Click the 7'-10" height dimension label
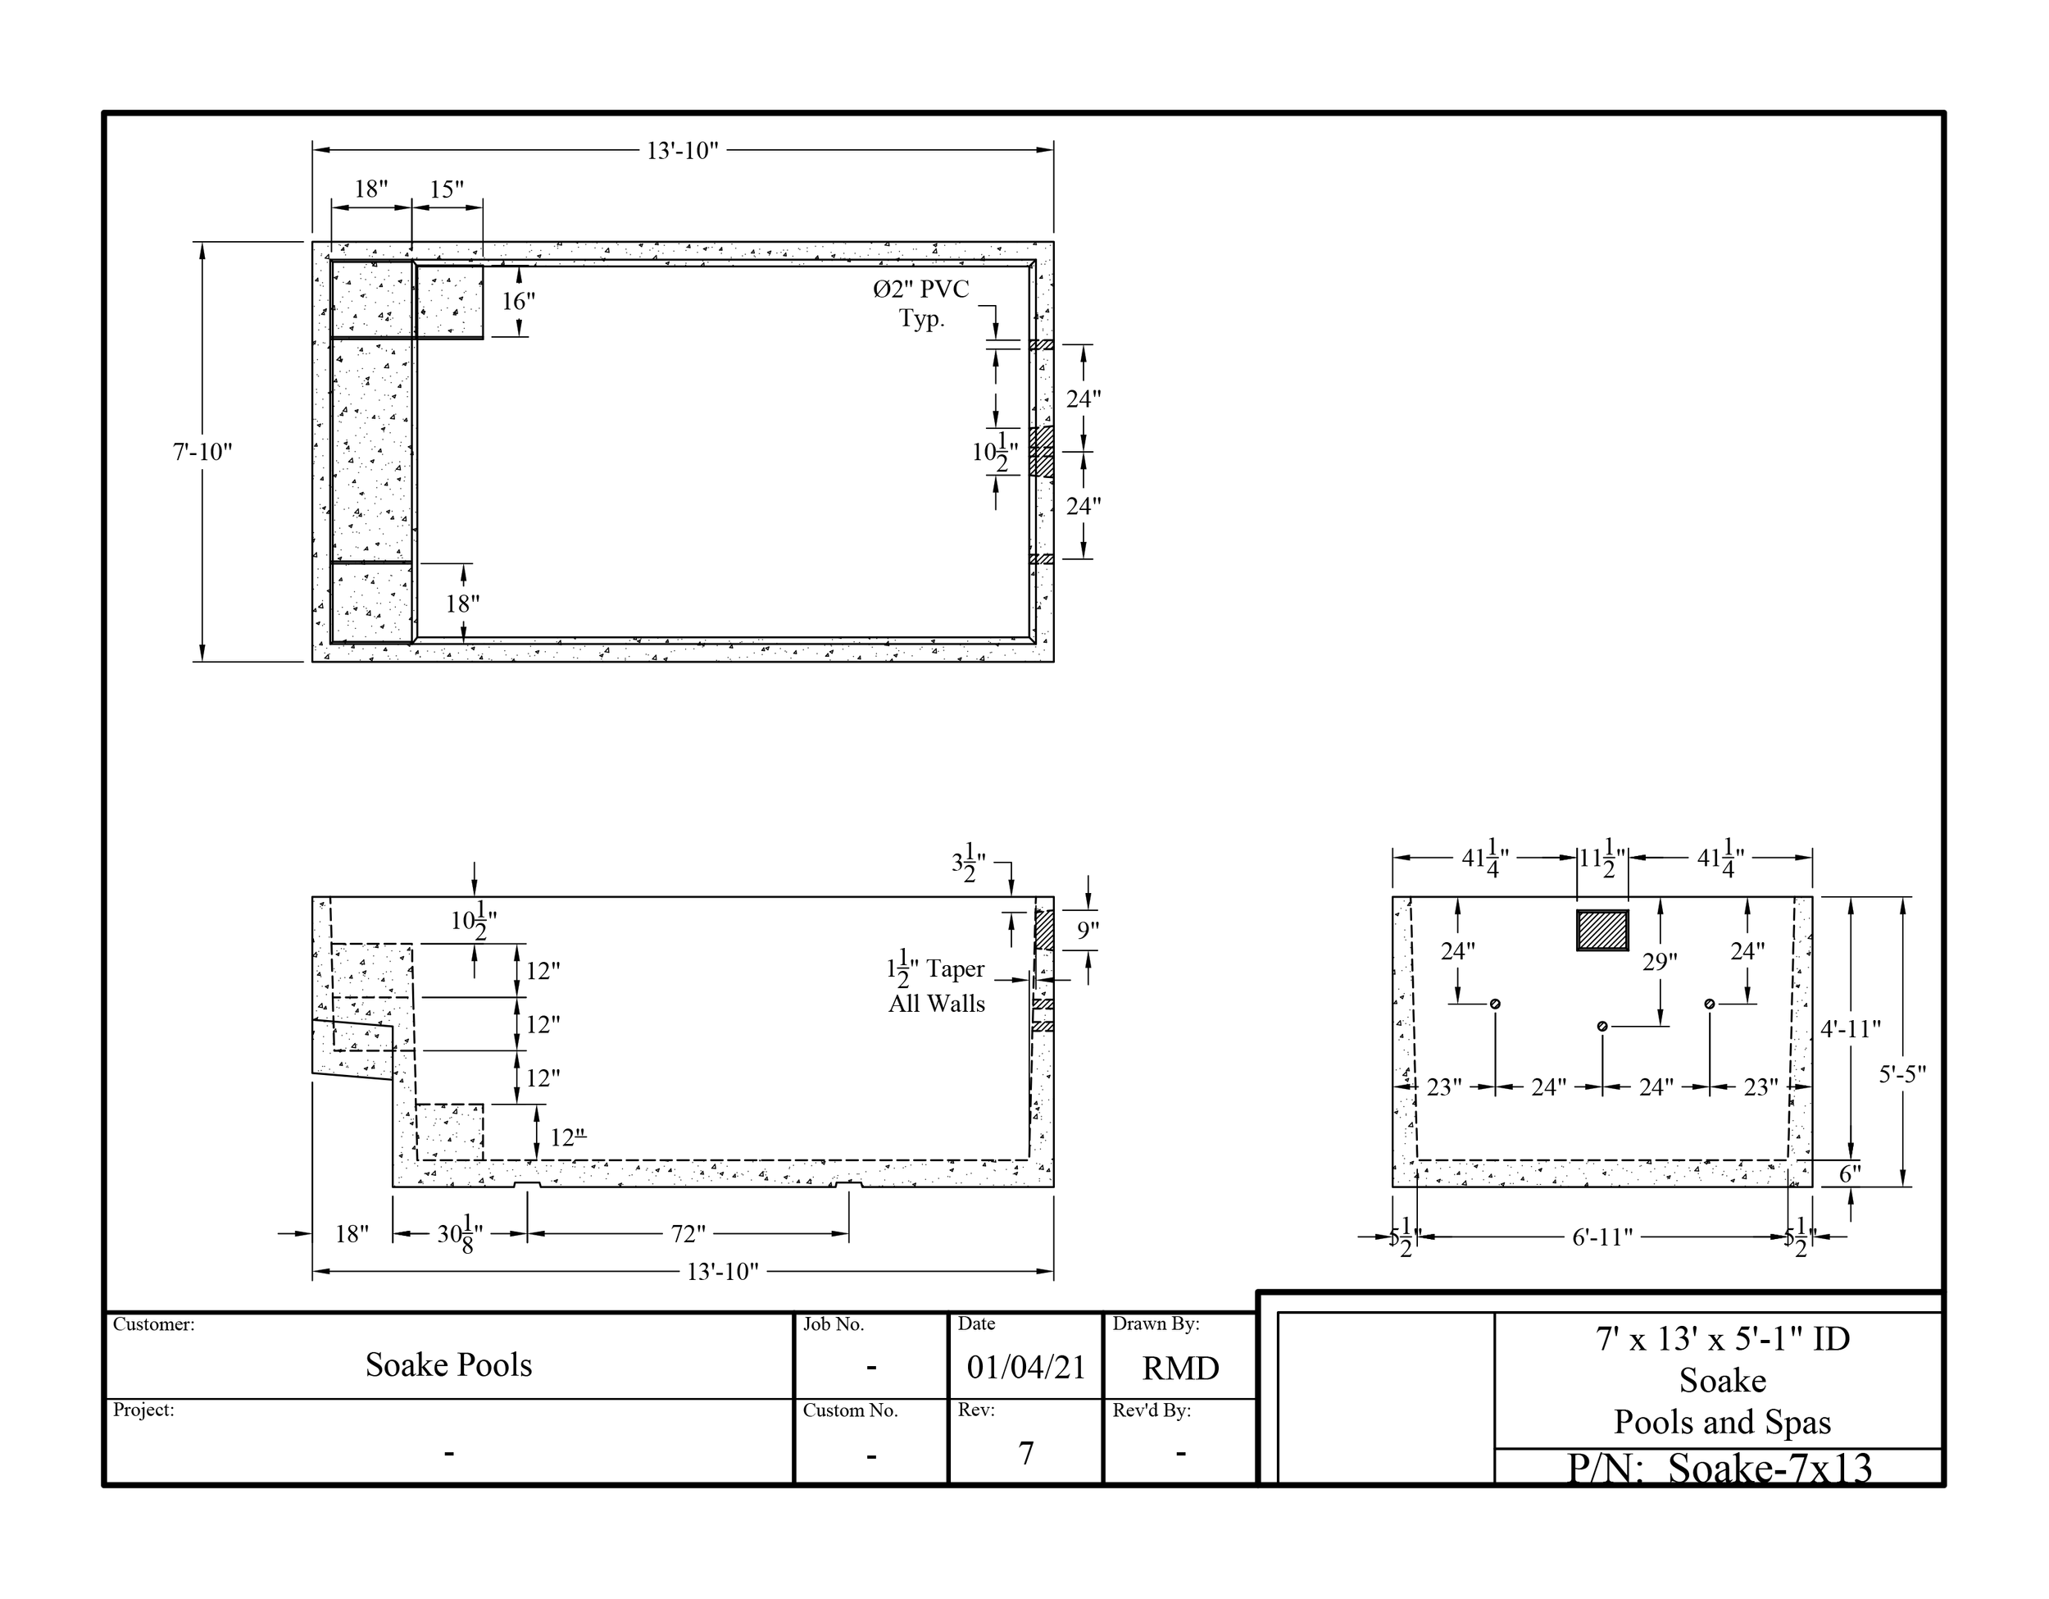coord(202,453)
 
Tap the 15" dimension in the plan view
coord(447,189)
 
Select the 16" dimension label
coord(518,301)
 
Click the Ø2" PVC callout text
coord(920,290)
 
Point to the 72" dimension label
coord(688,1234)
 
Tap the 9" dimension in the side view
coord(1088,931)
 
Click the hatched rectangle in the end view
coord(1602,930)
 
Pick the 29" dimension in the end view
coord(1660,962)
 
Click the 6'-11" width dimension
coord(1602,1237)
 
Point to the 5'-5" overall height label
coord(1902,1074)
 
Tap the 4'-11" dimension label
coord(1851,1029)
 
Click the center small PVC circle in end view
coord(1602,1027)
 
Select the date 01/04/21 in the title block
coord(1026,1367)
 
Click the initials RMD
coord(1180,1369)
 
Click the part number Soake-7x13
coord(1770,1468)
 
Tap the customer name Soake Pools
coord(448,1365)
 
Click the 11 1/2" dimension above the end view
coord(1602,858)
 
